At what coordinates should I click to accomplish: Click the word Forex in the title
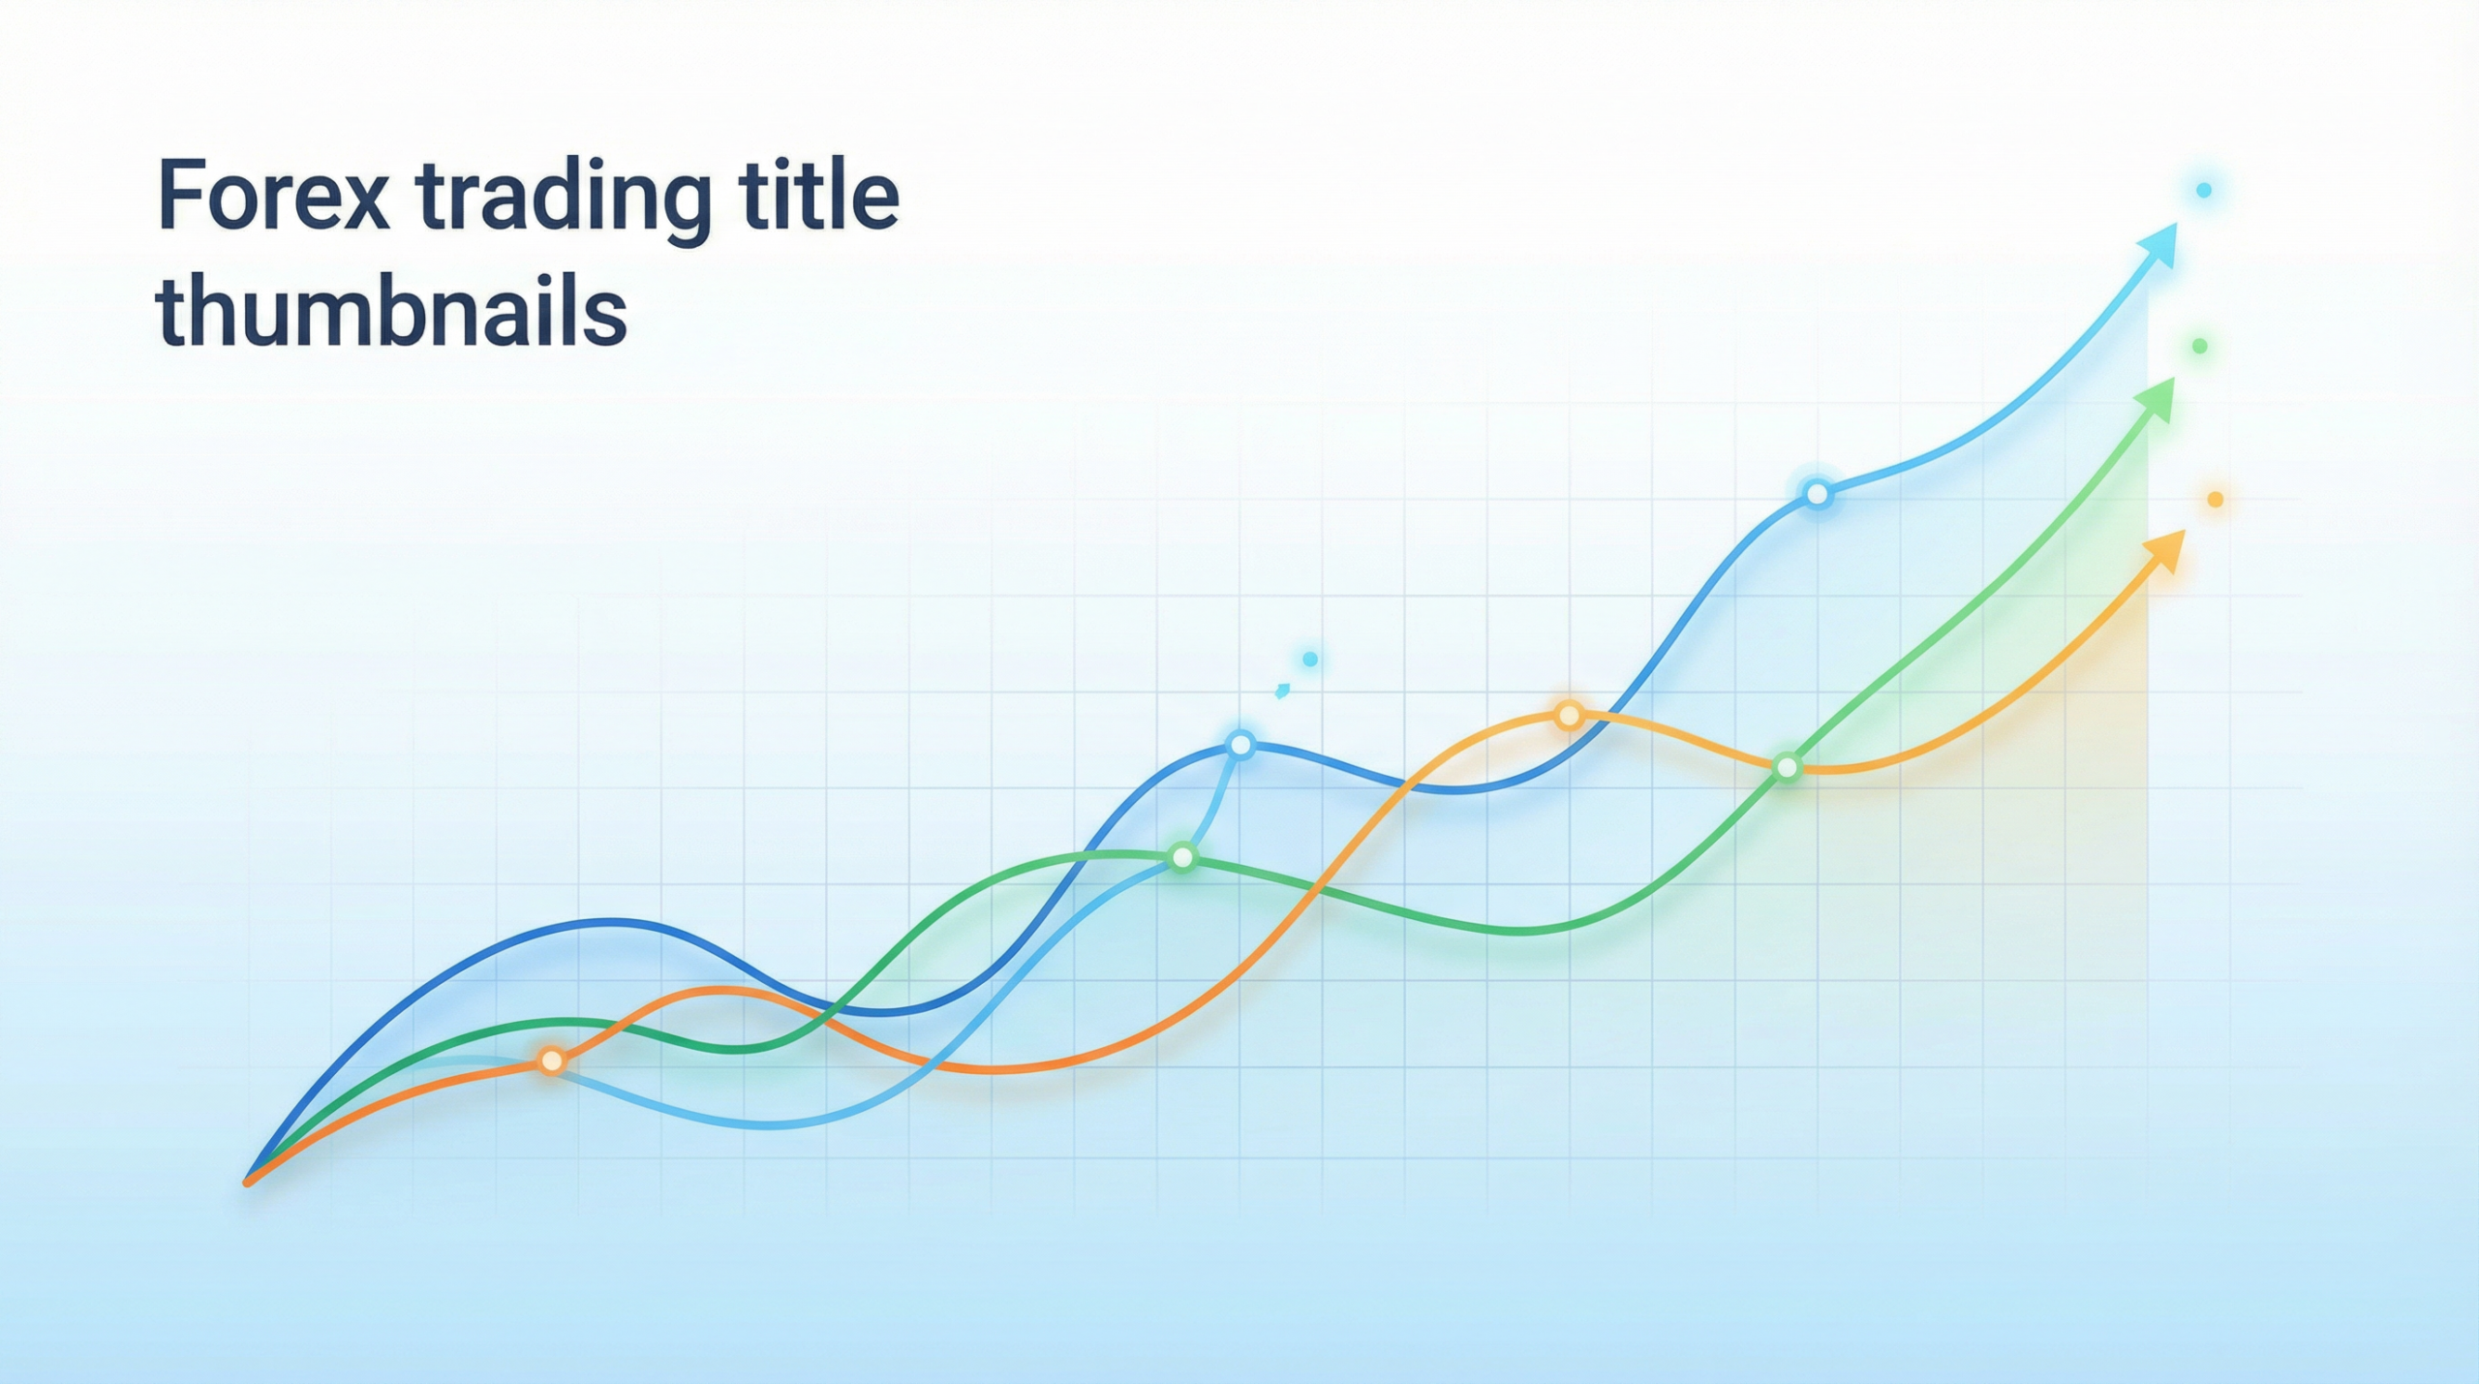pos(274,198)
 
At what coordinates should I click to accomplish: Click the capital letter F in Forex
pos(180,198)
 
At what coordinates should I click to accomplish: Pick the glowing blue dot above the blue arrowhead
pos(2204,190)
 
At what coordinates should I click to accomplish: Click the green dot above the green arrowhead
pos(2199,346)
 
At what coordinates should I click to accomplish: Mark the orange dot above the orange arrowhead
pos(2215,499)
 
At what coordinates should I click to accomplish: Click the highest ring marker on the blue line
pos(1818,495)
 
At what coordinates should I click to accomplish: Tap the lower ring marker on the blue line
pos(1240,745)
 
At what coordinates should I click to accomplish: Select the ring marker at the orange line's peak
pos(1569,716)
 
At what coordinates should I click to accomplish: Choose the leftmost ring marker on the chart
pos(551,1061)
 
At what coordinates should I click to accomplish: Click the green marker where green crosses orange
pos(1788,768)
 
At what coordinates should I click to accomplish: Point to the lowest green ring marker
pos(1182,856)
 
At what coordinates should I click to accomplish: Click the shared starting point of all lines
pos(249,1181)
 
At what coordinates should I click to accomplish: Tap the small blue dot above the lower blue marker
pos(1310,660)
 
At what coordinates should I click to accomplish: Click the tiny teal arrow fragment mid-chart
pos(1282,691)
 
